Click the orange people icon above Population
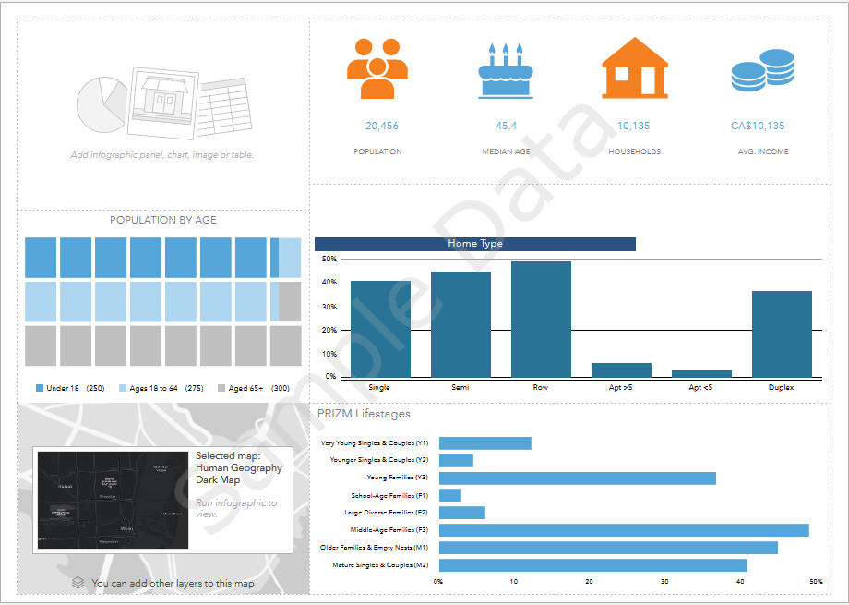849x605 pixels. (377, 68)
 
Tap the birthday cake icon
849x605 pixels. (505, 70)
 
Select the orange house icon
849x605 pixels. (634, 67)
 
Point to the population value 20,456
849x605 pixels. (382, 126)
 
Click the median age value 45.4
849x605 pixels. (506, 126)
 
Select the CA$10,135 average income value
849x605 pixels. (758, 126)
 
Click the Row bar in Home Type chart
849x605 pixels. (541, 320)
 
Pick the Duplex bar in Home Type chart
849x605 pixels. (782, 334)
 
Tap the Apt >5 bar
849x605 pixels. (621, 369)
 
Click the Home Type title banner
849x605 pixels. (474, 244)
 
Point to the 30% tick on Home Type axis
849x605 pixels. (329, 306)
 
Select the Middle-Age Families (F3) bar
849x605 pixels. (624, 530)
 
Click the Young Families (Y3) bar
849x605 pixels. (577, 478)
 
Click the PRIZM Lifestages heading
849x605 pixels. (364, 414)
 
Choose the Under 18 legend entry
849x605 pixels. (69, 389)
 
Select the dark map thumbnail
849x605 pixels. (111, 500)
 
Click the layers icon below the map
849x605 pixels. (78, 583)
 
